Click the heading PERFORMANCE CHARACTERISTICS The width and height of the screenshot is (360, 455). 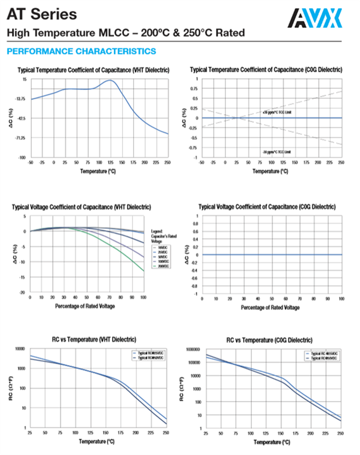[x=81, y=52]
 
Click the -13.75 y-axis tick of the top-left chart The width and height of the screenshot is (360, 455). [x=20, y=99]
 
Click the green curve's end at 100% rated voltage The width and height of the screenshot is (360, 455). [x=143, y=271]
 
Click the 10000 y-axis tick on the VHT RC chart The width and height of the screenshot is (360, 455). [x=19, y=349]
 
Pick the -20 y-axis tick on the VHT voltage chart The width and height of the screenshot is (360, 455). [x=23, y=292]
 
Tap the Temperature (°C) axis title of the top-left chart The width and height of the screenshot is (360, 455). [x=98, y=171]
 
